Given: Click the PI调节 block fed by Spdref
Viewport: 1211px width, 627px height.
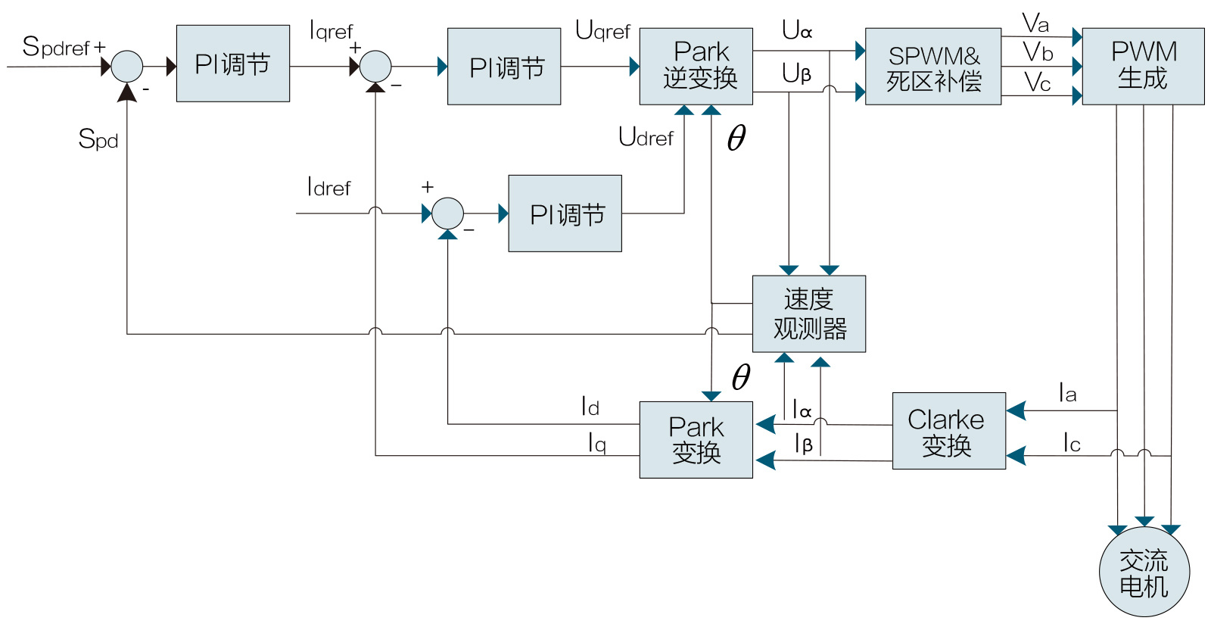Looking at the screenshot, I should click(x=233, y=64).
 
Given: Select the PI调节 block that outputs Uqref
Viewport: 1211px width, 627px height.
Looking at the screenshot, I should click(x=504, y=67).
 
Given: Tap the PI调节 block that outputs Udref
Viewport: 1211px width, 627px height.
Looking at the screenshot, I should click(x=565, y=214).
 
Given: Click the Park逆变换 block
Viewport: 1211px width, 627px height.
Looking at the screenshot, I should click(x=696, y=67).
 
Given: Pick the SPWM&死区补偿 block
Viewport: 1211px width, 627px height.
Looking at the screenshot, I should click(x=932, y=67).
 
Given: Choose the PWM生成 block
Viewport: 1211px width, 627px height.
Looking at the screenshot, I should click(x=1143, y=67).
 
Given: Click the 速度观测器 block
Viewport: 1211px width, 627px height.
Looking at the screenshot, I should click(x=808, y=313).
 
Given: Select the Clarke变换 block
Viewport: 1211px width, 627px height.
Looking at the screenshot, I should click(x=948, y=431).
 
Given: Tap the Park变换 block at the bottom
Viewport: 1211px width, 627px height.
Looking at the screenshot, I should click(x=696, y=439).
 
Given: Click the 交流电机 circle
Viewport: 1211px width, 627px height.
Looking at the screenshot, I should click(x=1144, y=572).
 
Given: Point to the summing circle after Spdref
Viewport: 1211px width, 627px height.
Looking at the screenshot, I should click(x=127, y=67).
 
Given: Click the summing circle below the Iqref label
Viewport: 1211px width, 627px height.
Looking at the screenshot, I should click(x=375, y=67).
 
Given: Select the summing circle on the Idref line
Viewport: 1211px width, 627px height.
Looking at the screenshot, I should click(x=447, y=214).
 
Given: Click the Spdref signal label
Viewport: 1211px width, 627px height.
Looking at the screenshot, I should click(x=57, y=47).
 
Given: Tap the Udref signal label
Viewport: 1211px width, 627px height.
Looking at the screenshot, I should click(x=646, y=137).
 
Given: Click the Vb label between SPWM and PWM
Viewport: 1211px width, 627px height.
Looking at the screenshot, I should click(x=1038, y=52).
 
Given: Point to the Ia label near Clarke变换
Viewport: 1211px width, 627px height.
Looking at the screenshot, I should click(x=1067, y=393).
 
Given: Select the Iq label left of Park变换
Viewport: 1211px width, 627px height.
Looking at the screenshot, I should click(x=597, y=442).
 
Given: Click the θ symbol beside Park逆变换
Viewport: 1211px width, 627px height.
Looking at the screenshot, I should click(x=736, y=138).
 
